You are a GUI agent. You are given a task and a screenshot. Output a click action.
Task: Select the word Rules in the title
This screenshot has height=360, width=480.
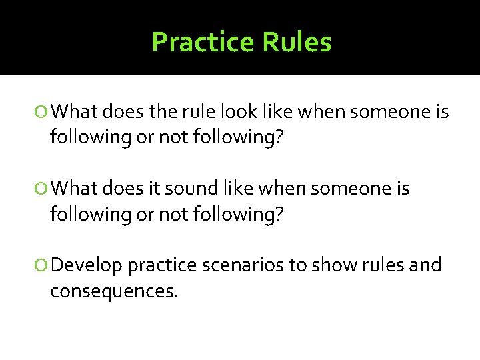coord(297,42)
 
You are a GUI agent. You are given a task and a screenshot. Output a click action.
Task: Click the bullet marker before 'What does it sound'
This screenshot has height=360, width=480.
coord(43,189)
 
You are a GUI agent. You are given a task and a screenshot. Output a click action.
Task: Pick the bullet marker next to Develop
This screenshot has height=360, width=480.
coord(43,266)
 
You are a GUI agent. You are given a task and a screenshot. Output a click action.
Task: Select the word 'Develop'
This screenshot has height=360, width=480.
coord(87,265)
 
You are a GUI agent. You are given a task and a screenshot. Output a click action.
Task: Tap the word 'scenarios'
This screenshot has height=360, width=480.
coord(243,265)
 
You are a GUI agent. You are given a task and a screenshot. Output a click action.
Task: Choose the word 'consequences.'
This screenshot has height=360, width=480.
coord(114,291)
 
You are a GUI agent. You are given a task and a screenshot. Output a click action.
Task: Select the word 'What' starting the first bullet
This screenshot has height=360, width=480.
coord(74,113)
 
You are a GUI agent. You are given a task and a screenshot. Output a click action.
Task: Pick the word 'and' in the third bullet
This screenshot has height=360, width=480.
coord(427,265)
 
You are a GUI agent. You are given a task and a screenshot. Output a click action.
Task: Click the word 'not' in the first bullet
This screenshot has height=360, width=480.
coord(169,138)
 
